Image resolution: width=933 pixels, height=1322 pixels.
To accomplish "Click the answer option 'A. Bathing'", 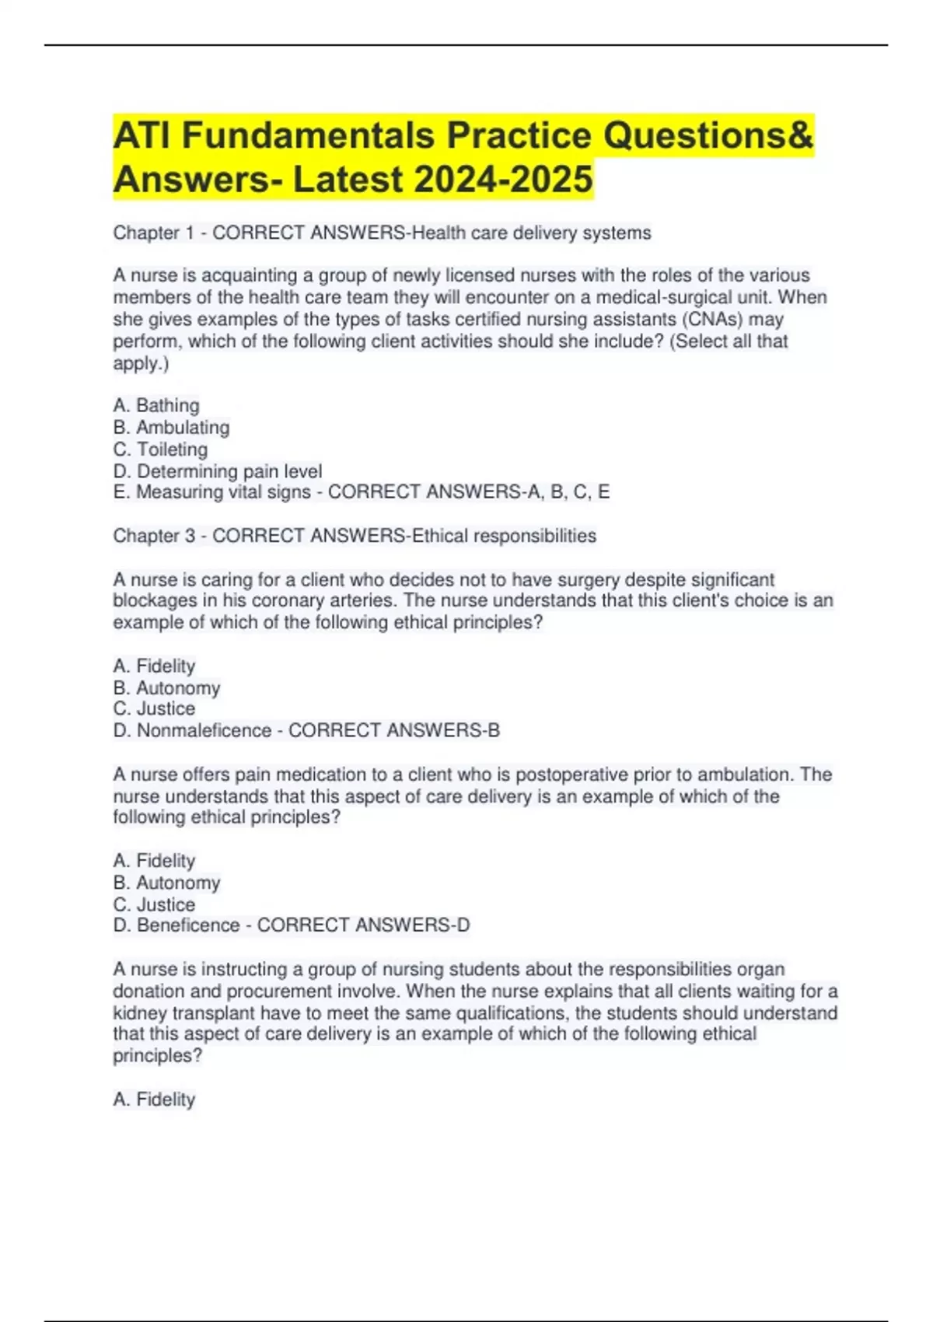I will click(x=156, y=405).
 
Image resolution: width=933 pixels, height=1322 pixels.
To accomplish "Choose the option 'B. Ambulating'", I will click(x=171, y=427).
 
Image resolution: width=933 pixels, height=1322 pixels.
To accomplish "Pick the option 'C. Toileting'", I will click(x=160, y=449).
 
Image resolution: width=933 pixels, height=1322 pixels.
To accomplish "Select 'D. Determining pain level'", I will click(x=217, y=471).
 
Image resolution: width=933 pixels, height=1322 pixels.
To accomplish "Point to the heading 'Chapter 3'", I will click(x=153, y=536).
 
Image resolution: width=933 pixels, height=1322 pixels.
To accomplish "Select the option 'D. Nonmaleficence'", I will click(x=192, y=730).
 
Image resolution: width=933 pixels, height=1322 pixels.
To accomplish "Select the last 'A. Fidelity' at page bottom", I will click(x=154, y=1100).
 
